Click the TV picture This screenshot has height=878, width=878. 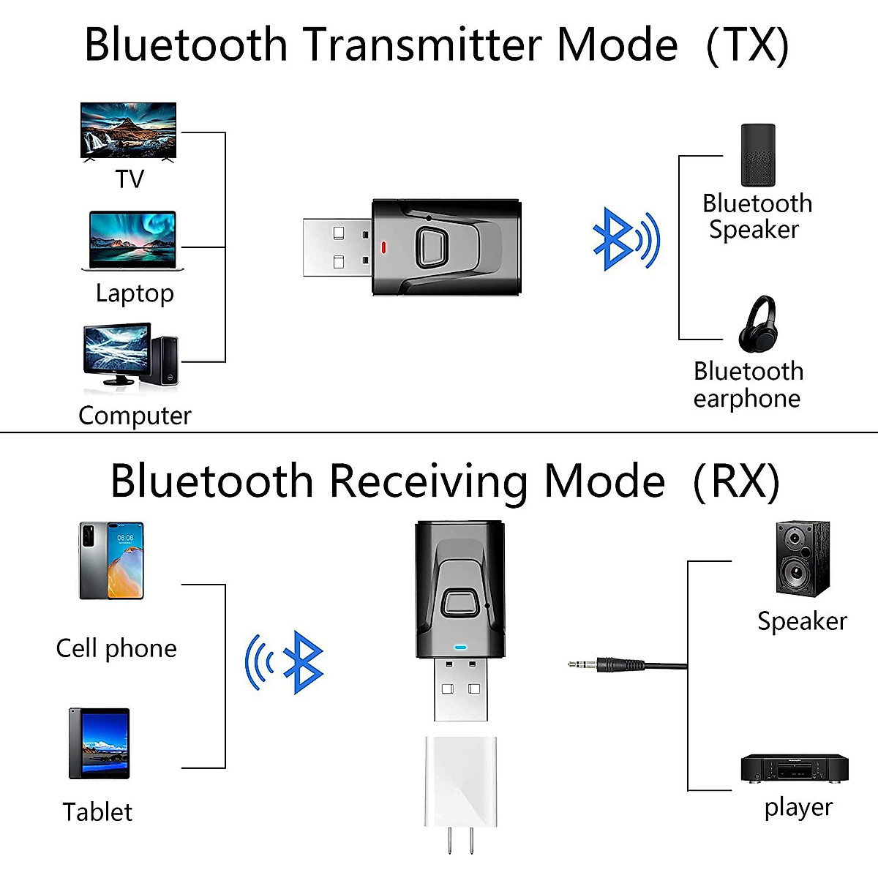click(128, 130)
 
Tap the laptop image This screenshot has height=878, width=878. click(132, 240)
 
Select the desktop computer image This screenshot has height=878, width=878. click(130, 356)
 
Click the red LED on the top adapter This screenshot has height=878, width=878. click(383, 247)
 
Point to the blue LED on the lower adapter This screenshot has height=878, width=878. click(460, 647)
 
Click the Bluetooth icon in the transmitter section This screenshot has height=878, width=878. click(613, 239)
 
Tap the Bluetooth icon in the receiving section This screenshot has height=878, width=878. click(304, 662)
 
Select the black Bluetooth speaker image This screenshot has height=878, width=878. click(757, 155)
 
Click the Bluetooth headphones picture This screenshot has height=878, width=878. click(758, 324)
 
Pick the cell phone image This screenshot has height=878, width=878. click(111, 561)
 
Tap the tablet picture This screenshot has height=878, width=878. click(99, 743)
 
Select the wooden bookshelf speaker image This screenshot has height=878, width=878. click(803, 559)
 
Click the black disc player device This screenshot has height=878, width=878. click(795, 768)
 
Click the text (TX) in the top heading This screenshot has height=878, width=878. click(747, 45)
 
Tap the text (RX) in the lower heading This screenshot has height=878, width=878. click(736, 481)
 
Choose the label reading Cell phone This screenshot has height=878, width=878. click(116, 648)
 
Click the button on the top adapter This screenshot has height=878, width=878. click(432, 247)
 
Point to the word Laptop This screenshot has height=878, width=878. click(135, 293)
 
